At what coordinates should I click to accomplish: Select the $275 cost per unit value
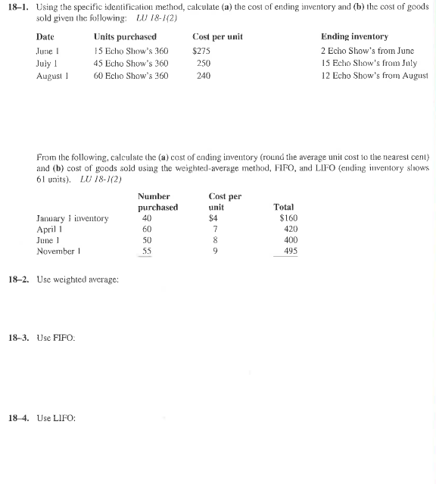(x=201, y=50)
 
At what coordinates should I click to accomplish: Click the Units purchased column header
(x=125, y=36)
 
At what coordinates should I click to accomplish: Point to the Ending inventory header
(x=354, y=36)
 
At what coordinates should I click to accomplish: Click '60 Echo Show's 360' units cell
(x=131, y=76)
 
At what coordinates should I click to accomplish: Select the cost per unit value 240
(x=203, y=76)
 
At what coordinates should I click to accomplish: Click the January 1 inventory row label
(x=72, y=219)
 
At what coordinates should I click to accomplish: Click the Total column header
(x=284, y=207)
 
